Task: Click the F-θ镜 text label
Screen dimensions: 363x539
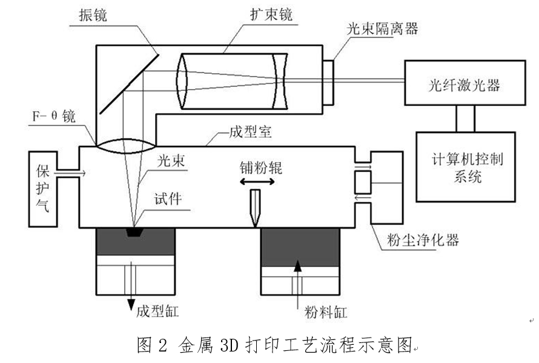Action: coord(55,116)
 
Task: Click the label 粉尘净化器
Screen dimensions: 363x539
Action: coord(423,240)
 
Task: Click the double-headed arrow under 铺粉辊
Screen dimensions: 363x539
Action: coord(254,181)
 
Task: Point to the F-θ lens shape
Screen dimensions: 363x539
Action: coord(126,145)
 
